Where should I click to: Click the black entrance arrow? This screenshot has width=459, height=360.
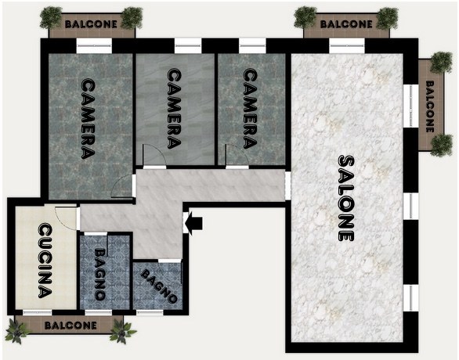(194, 223)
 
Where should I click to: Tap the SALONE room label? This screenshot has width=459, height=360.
(346, 198)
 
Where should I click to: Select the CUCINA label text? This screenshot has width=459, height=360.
(45, 261)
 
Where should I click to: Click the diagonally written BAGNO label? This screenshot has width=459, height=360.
(159, 286)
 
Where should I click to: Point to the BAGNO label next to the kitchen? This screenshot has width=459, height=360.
(99, 274)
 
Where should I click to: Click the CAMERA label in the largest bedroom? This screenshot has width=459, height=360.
(88, 119)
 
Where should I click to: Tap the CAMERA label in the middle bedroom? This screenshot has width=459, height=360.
(174, 109)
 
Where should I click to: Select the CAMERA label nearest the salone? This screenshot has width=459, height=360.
(251, 109)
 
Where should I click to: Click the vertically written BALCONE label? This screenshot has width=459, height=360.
(430, 106)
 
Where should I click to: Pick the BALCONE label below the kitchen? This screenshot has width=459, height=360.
(70, 326)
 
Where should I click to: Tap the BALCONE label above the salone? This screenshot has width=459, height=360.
(346, 24)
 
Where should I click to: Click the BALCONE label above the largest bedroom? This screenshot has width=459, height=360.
(91, 24)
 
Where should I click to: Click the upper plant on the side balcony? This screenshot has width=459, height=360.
(441, 62)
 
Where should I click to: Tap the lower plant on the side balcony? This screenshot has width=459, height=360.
(442, 146)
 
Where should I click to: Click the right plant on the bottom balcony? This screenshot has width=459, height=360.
(122, 331)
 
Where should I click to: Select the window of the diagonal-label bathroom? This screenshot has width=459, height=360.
(150, 312)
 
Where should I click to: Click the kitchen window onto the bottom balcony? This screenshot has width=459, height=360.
(37, 312)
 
